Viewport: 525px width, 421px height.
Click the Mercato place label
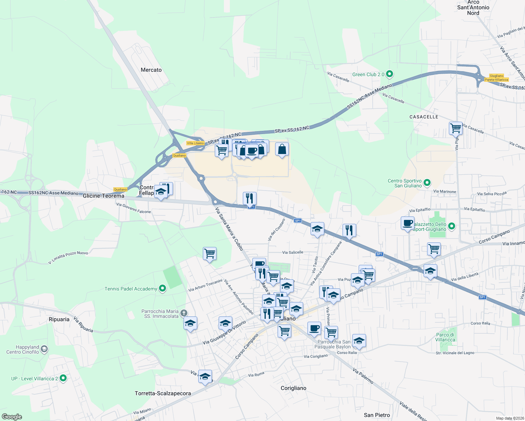pyautogui.click(x=151, y=70)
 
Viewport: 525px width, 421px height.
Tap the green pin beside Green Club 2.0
pyautogui.click(x=389, y=74)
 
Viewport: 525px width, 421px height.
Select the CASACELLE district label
pyautogui.click(x=424, y=117)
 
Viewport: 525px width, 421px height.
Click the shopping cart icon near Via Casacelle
pyautogui.click(x=456, y=128)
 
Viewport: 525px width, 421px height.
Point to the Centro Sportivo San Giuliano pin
pyautogui.click(x=427, y=183)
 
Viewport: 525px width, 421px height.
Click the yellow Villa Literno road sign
pyautogui.click(x=195, y=143)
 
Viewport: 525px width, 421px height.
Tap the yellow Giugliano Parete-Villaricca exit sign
pyautogui.click(x=497, y=78)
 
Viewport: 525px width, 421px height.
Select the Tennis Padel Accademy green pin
pyautogui.click(x=162, y=289)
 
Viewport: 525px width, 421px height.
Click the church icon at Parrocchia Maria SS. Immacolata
pyautogui.click(x=184, y=313)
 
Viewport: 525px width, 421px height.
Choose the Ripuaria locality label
pyautogui.click(x=59, y=319)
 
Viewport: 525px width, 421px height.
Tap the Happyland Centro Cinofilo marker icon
pyautogui.click(x=44, y=349)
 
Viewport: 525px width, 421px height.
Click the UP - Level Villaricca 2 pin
pyautogui.click(x=63, y=378)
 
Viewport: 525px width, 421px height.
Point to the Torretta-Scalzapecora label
pyautogui.click(x=163, y=393)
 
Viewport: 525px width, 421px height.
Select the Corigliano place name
pyautogui.click(x=293, y=388)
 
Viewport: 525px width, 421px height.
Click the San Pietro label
pyautogui.click(x=377, y=415)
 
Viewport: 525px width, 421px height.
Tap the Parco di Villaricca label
pyautogui.click(x=445, y=337)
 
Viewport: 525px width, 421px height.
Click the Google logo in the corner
pyautogui.click(x=12, y=417)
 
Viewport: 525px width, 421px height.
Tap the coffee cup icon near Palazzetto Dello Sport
pyautogui.click(x=407, y=223)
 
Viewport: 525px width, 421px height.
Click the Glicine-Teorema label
pyautogui.click(x=104, y=196)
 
